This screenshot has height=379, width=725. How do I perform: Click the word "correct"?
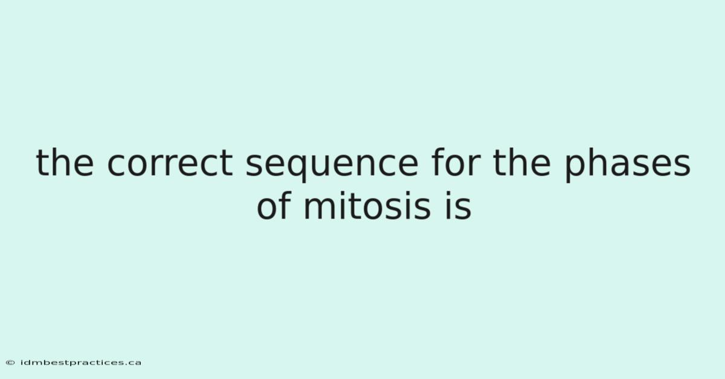[x=170, y=164]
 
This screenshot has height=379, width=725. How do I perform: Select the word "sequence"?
[x=332, y=166]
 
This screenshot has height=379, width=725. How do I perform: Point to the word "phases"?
[x=628, y=165]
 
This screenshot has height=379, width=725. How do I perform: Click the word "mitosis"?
[x=367, y=206]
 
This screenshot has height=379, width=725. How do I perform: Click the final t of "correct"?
[x=227, y=164]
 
